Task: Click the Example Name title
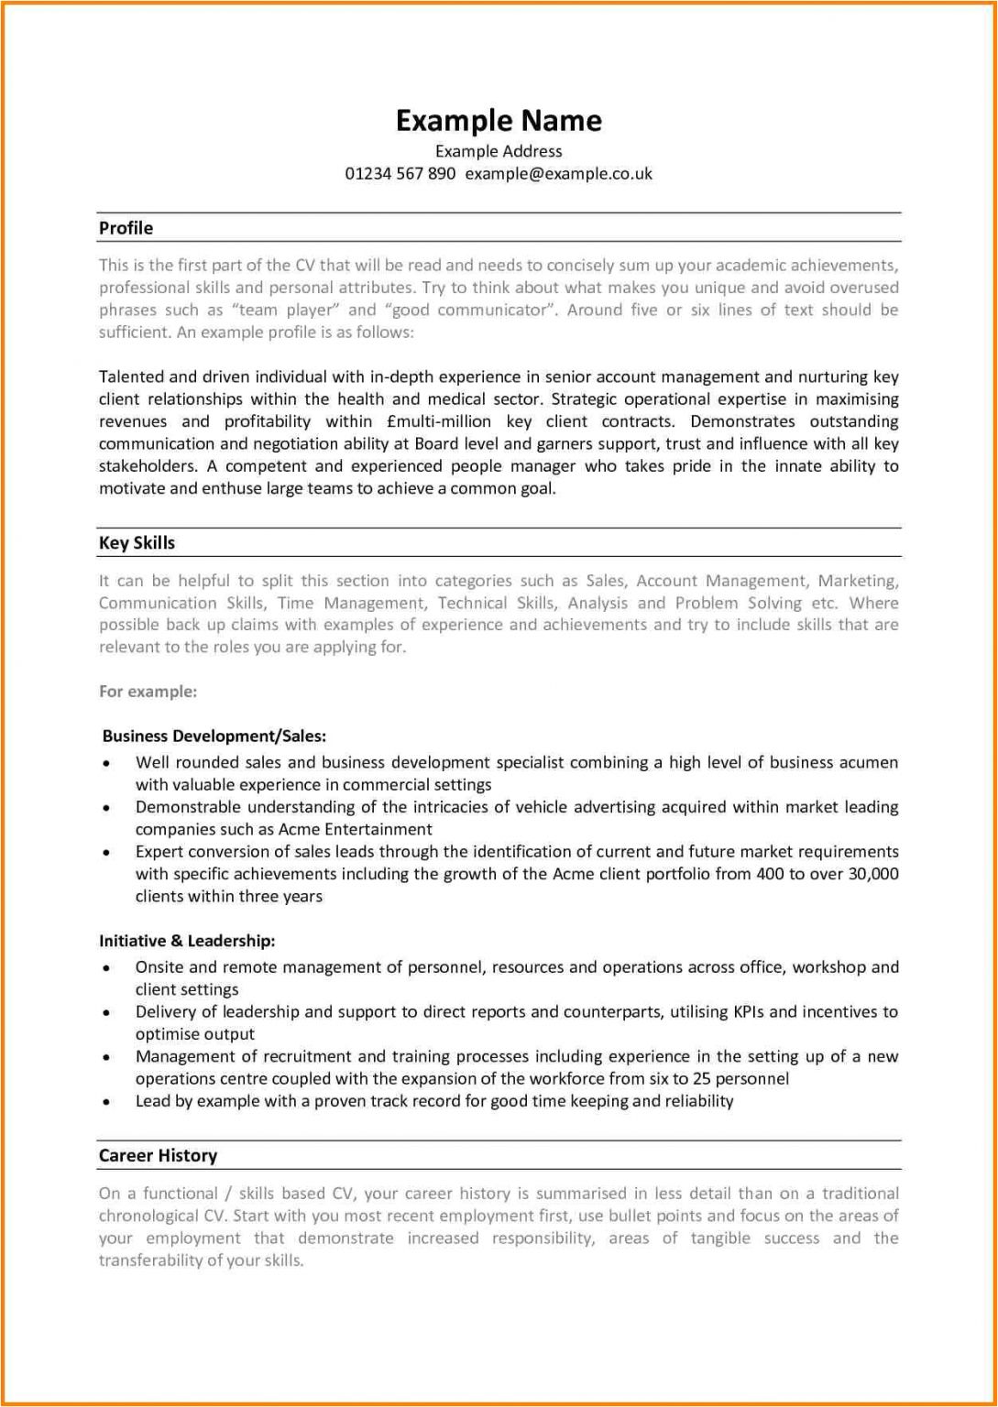[x=499, y=121]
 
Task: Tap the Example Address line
[x=499, y=151]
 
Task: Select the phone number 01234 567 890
[x=400, y=173]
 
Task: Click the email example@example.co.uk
[x=559, y=173]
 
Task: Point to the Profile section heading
[x=126, y=228]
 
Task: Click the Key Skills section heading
[x=137, y=543]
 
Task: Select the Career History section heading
[x=158, y=1156]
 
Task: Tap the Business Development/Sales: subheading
[x=214, y=736]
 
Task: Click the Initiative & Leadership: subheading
[x=187, y=941]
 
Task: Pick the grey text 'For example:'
[x=148, y=692]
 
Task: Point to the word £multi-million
[x=440, y=421]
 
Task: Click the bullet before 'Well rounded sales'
[x=108, y=764]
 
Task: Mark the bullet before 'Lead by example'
[x=108, y=1103]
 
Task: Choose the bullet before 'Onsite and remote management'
[x=108, y=968]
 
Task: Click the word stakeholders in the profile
[x=147, y=466]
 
